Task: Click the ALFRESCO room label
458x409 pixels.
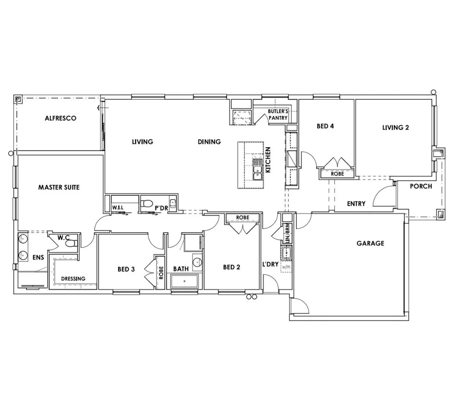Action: coord(60,118)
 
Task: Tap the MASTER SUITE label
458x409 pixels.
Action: coord(59,187)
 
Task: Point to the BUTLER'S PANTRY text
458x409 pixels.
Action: coord(278,114)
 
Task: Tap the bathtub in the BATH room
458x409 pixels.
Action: coord(185,281)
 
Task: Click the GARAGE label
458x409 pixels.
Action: coord(370,243)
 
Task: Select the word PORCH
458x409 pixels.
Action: coord(421,186)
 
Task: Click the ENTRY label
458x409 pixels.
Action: coord(356,204)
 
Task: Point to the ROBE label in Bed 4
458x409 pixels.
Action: coord(337,174)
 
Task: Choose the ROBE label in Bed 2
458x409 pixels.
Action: coord(243,218)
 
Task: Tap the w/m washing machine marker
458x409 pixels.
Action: coord(286,267)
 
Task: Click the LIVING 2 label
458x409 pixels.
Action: coord(396,128)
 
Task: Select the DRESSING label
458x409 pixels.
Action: coord(73,278)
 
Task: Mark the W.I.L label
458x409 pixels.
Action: coord(118,208)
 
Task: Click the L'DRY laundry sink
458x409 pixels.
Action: coord(286,252)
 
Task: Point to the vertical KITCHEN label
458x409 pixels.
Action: coord(268,160)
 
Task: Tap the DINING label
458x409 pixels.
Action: coord(209,142)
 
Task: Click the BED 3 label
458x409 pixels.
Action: coord(126,269)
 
